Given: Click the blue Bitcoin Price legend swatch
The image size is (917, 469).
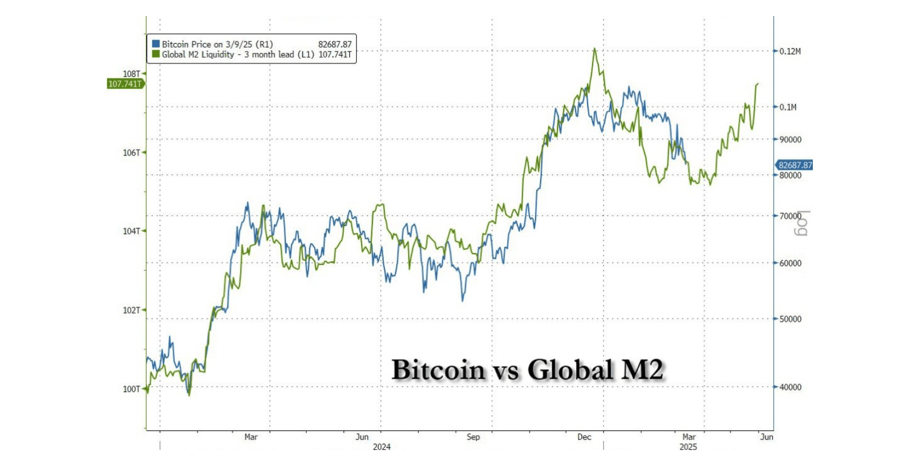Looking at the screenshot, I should (156, 44).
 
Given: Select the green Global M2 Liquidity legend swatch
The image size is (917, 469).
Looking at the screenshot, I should (156, 54).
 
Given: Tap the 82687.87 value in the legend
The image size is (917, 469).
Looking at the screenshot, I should (335, 44).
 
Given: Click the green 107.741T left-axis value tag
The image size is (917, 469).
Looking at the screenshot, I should (125, 84).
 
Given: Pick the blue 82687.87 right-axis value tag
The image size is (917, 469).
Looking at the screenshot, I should (795, 165).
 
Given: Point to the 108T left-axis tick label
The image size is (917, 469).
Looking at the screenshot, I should (131, 74).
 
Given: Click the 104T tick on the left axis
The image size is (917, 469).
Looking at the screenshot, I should (131, 231).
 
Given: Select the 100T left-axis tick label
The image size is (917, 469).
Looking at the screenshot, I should (131, 389).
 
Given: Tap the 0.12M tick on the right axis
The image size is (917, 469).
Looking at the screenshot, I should (790, 52).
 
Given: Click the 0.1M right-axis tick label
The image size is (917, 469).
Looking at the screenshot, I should (788, 107).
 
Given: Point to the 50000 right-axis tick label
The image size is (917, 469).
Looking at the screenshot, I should (790, 319).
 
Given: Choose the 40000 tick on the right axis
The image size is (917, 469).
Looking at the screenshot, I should (790, 387).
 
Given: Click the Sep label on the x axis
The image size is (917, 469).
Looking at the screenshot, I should (473, 437).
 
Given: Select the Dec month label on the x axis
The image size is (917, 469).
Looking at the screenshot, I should (584, 437).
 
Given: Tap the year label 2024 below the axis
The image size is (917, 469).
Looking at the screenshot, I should (382, 447).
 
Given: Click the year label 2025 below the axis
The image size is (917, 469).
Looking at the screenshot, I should (688, 447).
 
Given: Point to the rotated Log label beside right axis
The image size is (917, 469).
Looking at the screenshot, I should (802, 223).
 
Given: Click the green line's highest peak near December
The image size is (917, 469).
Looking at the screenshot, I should (594, 49).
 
